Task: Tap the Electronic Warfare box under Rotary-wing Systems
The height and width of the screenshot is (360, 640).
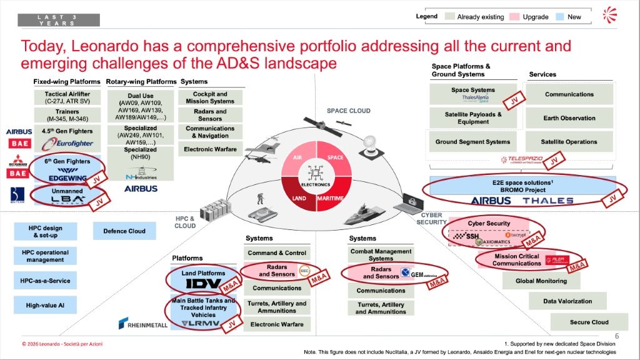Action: [210, 149]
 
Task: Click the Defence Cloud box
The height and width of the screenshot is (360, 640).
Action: [124, 231]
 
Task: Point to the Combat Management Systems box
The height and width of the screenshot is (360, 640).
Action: [381, 255]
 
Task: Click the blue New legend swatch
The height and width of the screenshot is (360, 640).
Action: [558, 17]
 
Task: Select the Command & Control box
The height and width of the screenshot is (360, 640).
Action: [277, 253]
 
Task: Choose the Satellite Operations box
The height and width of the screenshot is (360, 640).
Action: [569, 142]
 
